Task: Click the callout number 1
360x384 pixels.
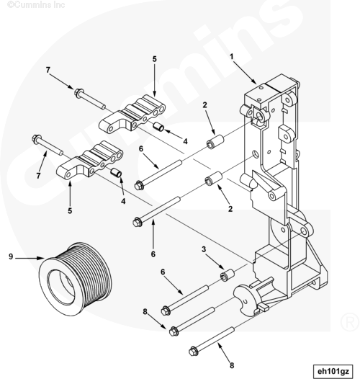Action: point(232,57)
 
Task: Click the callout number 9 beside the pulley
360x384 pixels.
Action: point(11,256)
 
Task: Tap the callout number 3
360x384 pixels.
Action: point(204,249)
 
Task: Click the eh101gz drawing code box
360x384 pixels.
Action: point(333,372)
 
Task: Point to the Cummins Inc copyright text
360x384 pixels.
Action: point(36,4)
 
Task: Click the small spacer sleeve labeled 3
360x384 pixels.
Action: point(228,275)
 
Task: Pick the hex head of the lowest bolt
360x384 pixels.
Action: point(193,352)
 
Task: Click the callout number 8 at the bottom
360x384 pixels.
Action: point(232,366)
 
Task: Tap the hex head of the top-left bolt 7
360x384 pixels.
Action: point(78,93)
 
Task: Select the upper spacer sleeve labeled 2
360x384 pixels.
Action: point(215,141)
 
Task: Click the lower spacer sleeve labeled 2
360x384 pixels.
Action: point(213,179)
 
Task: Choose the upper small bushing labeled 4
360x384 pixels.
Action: point(158,127)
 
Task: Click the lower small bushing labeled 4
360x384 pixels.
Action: point(116,172)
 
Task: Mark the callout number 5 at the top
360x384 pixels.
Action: point(154,59)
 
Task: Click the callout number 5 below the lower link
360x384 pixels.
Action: point(70,210)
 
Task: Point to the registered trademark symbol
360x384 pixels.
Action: point(350,322)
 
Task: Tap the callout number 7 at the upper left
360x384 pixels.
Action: point(48,70)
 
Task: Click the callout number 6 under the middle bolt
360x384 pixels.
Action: point(153,254)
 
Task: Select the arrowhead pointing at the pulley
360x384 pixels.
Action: point(41,258)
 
